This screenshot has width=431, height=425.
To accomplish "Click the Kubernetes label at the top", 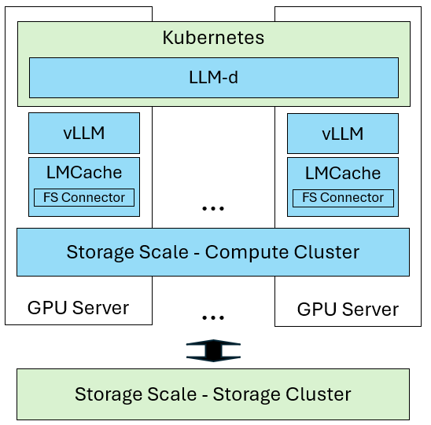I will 213,37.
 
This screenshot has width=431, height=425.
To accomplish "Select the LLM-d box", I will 213,77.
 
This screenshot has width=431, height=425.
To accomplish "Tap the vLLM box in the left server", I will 84,133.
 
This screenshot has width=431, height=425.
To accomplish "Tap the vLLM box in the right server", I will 342,133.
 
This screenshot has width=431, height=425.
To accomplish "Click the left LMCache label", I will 84,172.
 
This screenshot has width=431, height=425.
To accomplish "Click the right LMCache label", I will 342,172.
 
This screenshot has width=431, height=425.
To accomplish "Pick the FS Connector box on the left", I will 84,197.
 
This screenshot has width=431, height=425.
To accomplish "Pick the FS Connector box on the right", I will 342,197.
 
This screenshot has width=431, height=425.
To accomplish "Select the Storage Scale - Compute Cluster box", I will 213,252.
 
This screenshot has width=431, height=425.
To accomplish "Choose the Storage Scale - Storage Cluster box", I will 213,394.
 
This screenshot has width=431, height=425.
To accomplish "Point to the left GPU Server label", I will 78,307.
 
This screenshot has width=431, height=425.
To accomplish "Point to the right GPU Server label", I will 348,309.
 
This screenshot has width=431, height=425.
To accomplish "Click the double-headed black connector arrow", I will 213,350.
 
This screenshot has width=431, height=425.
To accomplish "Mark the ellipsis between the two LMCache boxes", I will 213,208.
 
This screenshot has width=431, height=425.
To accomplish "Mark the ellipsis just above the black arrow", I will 213,317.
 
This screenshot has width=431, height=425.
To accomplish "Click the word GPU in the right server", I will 315,309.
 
